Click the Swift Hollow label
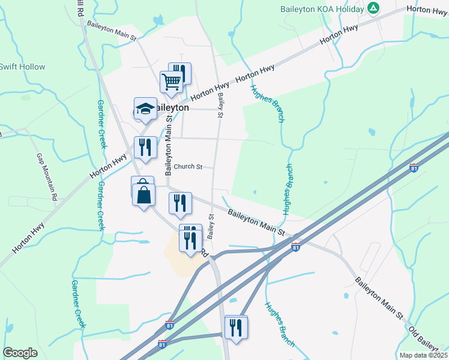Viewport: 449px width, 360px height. click(x=22, y=67)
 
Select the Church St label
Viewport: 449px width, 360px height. click(x=188, y=166)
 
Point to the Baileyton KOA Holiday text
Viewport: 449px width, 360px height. click(x=322, y=9)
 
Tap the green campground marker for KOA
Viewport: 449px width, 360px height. click(x=373, y=8)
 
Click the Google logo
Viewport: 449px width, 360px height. click(x=20, y=353)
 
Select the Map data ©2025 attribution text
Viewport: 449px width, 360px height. click(x=424, y=355)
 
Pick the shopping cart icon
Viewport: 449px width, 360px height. click(x=172, y=82)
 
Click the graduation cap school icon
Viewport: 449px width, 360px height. click(x=145, y=109)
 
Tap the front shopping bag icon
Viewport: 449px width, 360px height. click(x=145, y=195)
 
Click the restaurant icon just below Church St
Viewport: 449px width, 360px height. click(x=179, y=203)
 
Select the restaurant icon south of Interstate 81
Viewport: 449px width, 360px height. click(x=235, y=328)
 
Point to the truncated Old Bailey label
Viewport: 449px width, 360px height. click(x=429, y=339)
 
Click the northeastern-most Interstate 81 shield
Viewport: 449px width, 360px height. click(x=414, y=169)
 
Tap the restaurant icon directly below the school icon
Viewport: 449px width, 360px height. click(x=145, y=148)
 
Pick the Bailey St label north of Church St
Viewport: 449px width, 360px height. click(x=220, y=105)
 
